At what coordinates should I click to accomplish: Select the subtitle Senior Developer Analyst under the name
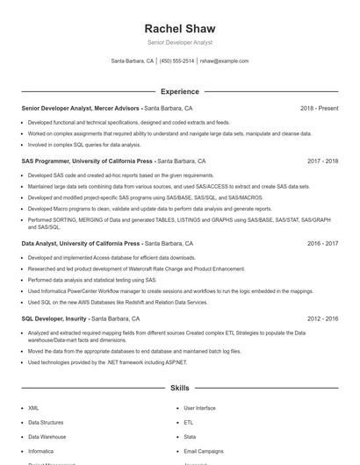pyautogui.click(x=179, y=42)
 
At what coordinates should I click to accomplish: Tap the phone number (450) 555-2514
pyautogui.click(x=177, y=61)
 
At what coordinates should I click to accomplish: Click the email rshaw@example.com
pyautogui.click(x=224, y=61)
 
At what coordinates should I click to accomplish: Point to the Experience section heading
pyautogui.click(x=179, y=91)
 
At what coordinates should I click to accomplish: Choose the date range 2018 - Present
pyautogui.click(x=319, y=108)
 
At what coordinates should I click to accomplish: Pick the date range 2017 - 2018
pyautogui.click(x=322, y=161)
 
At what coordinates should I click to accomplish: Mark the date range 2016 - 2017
pyautogui.click(x=322, y=243)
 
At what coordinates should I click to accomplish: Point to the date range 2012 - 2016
pyautogui.click(x=322, y=319)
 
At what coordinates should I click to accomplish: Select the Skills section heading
pyautogui.click(x=179, y=387)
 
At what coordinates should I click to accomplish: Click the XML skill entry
pyautogui.click(x=33, y=408)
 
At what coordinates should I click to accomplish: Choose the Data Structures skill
pyautogui.click(x=46, y=422)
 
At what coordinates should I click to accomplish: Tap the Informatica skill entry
pyautogui.click(x=40, y=450)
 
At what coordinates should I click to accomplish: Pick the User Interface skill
pyautogui.click(x=199, y=408)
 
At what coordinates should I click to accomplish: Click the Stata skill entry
pyautogui.click(x=190, y=436)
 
